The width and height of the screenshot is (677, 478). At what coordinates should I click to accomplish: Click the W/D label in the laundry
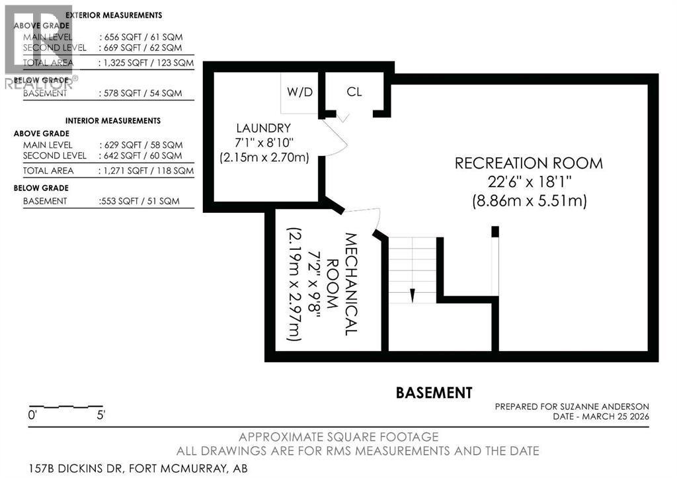coord(299,92)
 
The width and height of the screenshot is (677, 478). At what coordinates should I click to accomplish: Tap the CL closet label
coord(354,91)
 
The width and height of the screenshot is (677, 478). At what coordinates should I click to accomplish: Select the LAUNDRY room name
coord(263,128)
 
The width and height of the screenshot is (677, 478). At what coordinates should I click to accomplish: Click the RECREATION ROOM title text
coord(528,163)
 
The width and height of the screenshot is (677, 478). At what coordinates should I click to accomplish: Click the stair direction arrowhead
coord(413,295)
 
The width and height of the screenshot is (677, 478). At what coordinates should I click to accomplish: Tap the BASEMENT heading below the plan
coord(434,393)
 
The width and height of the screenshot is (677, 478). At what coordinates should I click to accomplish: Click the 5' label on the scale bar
coord(100,415)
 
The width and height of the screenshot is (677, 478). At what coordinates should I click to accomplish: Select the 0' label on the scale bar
coord(32,415)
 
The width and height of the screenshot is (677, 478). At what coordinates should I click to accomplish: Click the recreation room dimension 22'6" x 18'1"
coord(530,182)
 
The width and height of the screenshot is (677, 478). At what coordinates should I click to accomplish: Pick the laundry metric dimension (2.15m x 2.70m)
coord(264,157)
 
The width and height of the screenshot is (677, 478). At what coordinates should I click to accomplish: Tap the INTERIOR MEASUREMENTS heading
coord(112,121)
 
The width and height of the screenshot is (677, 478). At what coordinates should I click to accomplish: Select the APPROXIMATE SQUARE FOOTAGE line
coord(338,437)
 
